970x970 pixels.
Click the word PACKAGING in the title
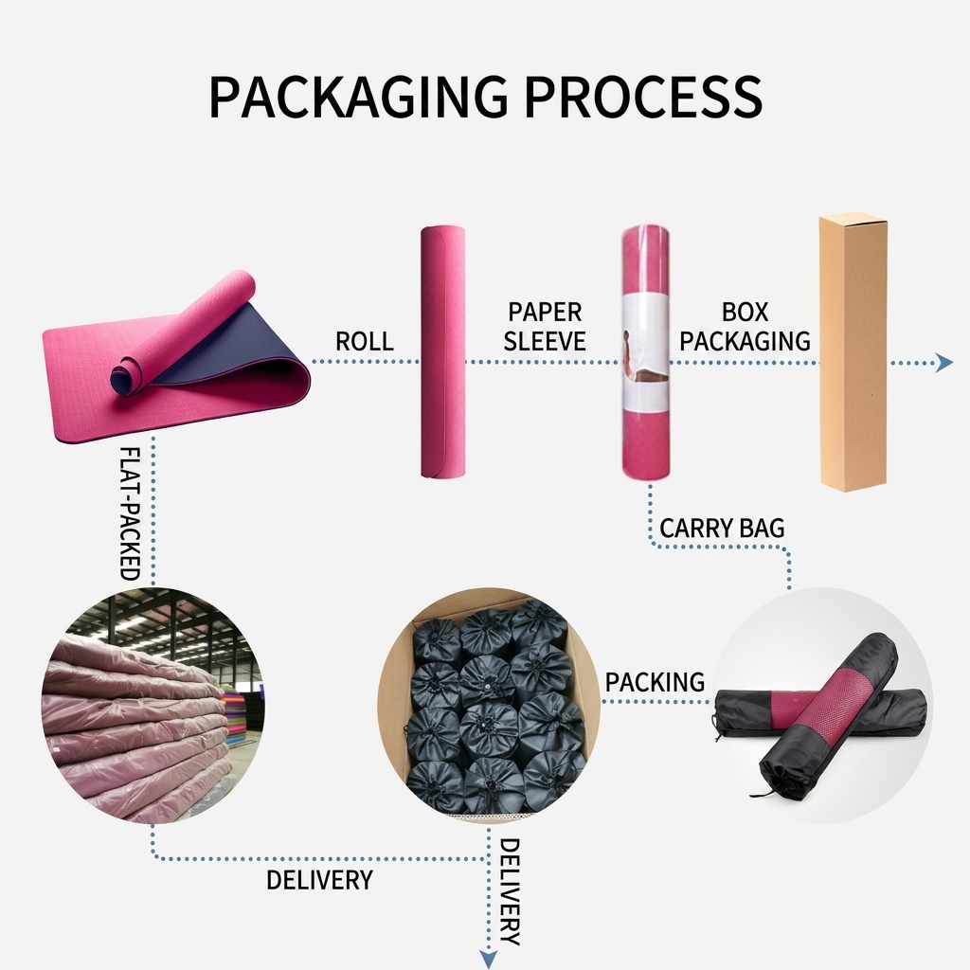[359, 97]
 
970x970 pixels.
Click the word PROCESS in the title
[643, 97]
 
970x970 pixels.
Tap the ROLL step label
[365, 341]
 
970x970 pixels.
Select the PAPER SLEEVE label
[545, 326]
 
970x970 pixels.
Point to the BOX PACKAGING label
[745, 326]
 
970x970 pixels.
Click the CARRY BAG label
[722, 529]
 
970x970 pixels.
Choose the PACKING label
[656, 682]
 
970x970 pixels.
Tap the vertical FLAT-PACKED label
[129, 512]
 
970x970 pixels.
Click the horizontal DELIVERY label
[320, 880]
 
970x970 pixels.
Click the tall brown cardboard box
[853, 352]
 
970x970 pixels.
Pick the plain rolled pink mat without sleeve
[443, 351]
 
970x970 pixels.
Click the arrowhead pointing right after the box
[944, 363]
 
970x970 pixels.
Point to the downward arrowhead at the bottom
[489, 959]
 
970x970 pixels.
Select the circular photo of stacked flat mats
[153, 705]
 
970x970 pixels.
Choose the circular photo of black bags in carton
[489, 705]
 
